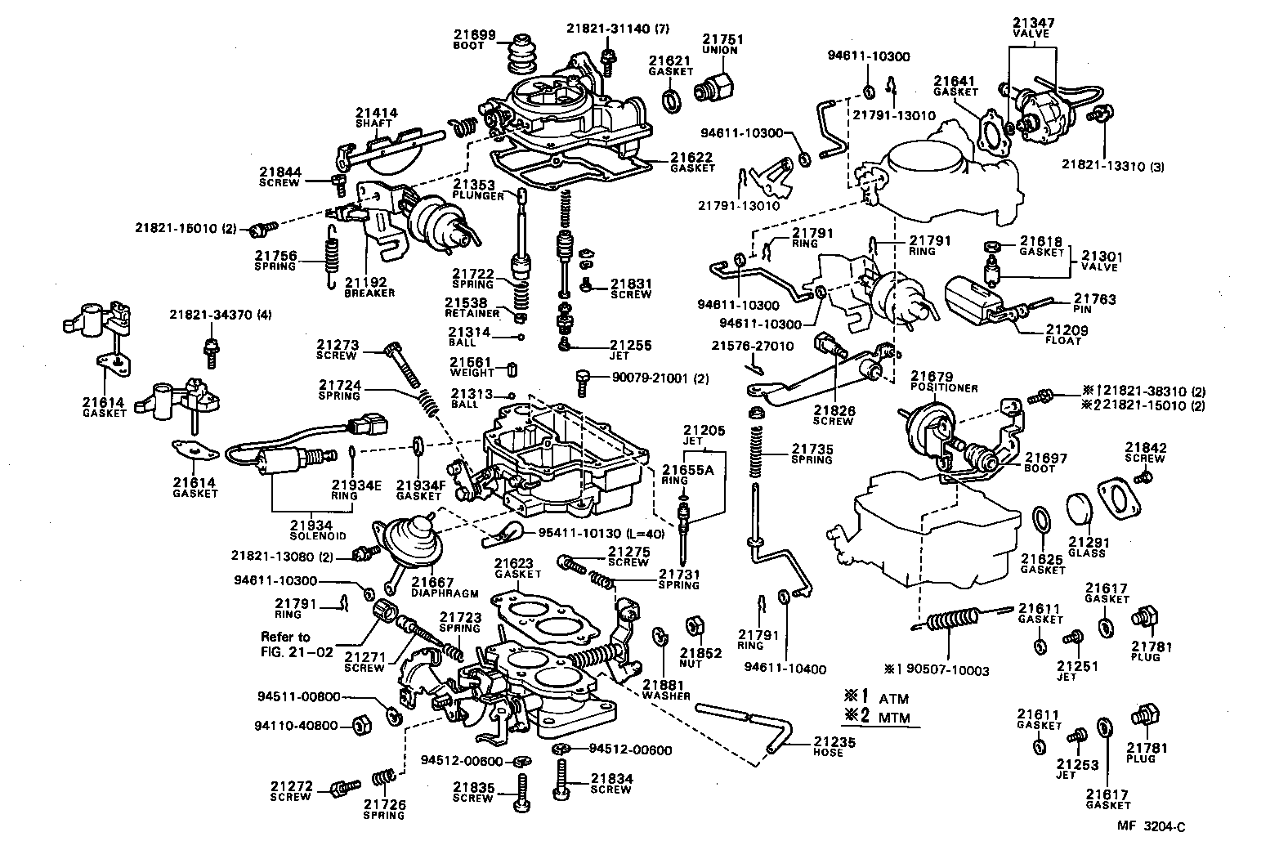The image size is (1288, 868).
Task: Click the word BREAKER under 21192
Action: pyautogui.click(x=369, y=293)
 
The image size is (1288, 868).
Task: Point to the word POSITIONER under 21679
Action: pyautogui.click(x=944, y=388)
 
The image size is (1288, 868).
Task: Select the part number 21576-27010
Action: pyautogui.click(x=752, y=346)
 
